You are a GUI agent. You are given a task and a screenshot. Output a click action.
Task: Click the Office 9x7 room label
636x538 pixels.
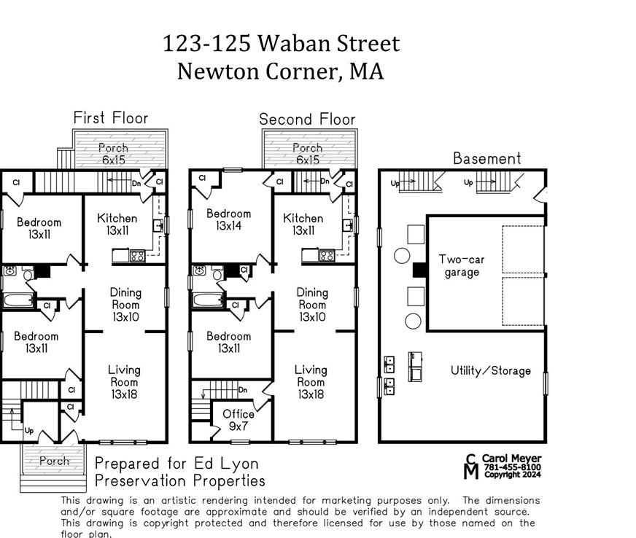tap(238, 419)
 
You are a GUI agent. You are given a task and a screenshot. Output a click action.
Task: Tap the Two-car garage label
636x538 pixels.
tap(461, 266)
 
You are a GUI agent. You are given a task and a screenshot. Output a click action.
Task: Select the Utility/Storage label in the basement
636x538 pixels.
tap(490, 370)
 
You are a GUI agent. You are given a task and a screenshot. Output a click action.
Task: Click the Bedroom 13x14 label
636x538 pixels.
tap(228, 219)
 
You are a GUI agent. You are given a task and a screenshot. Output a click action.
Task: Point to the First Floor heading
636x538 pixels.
tap(110, 118)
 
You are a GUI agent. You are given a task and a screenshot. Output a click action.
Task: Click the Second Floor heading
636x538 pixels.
tap(307, 119)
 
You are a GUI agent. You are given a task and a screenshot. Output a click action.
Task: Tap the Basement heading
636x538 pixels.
tap(486, 158)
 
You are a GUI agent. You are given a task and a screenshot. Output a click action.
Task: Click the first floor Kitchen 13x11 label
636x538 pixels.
tap(117, 225)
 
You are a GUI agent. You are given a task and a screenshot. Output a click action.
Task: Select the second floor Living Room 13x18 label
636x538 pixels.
tap(311, 382)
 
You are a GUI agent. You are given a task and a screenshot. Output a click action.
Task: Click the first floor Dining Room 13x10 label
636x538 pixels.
tap(125, 305)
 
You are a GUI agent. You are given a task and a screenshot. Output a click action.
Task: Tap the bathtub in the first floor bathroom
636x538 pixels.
tap(18, 300)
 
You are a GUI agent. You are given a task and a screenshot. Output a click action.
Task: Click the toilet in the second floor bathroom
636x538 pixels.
tap(216, 273)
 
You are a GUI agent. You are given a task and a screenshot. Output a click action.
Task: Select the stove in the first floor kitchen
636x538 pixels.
tap(136, 255)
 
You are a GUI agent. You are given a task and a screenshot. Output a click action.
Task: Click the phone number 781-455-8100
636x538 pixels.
tap(515, 467)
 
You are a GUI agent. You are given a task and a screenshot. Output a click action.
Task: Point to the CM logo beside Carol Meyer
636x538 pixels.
tap(472, 467)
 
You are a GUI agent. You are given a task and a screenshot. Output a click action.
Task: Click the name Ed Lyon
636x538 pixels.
tap(233, 464)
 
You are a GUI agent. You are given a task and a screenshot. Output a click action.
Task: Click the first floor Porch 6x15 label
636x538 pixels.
tap(113, 154)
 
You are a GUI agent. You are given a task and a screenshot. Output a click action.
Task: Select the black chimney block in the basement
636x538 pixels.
tap(419, 270)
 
